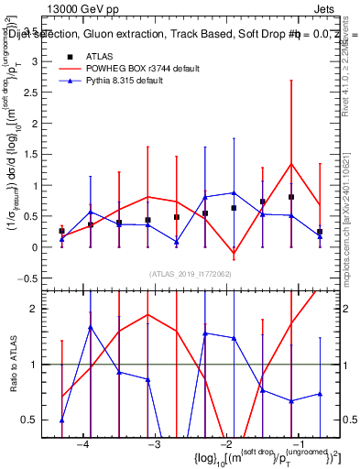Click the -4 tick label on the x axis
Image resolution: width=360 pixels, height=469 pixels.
coord(83,444)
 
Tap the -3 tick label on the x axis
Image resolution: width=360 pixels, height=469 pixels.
coord(154,444)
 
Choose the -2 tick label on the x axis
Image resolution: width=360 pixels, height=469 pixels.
coord(225,444)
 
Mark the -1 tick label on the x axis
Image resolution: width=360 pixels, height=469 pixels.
coord(297,444)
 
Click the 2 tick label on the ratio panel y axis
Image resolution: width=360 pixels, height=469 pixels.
coord(40,309)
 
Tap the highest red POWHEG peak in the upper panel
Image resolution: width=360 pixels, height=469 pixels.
coord(291,164)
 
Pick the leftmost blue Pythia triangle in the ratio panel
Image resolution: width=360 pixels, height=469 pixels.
coord(61,420)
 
